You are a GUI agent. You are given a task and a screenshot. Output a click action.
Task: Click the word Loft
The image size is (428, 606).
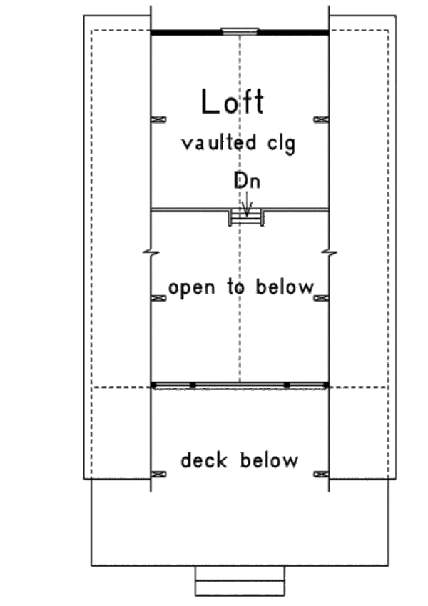233,102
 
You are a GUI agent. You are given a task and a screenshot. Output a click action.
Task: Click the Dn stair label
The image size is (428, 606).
246,182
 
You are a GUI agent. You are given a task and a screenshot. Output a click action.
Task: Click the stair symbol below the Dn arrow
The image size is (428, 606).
246,218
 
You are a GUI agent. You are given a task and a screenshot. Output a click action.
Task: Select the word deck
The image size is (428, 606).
205,460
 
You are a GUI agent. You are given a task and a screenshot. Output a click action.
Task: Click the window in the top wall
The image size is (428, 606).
239,31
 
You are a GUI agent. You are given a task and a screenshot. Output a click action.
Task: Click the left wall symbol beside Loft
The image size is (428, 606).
159,119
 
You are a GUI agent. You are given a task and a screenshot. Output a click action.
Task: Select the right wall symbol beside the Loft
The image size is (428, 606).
321,119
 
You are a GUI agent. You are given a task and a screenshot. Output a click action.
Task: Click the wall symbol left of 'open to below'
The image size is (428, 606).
159,297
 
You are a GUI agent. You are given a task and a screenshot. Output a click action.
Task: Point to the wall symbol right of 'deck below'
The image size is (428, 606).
321,474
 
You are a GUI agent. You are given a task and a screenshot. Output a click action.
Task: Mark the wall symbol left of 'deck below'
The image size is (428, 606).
159,474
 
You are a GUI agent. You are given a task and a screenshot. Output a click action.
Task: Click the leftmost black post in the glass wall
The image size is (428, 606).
154,386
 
